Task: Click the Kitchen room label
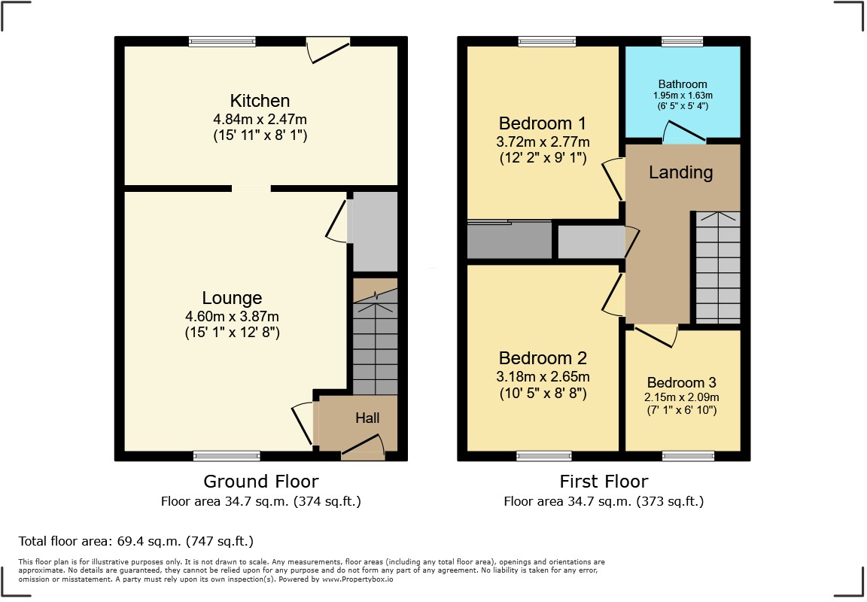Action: [260, 101]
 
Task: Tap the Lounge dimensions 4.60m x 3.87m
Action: [232, 317]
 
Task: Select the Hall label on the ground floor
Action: [367, 418]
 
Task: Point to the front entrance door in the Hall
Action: [363, 448]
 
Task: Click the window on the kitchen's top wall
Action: [222, 42]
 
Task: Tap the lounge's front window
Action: [227, 455]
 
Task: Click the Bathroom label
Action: [683, 84]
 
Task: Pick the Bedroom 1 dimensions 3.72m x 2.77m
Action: [543, 142]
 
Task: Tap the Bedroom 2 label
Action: [543, 358]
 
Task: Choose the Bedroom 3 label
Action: [683, 382]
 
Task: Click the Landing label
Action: [680, 172]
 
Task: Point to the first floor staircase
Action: [717, 267]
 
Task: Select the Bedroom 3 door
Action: [655, 336]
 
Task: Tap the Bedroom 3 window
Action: [688, 455]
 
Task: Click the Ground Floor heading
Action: [261, 482]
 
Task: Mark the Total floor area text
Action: [136, 541]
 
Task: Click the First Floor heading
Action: [604, 482]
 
